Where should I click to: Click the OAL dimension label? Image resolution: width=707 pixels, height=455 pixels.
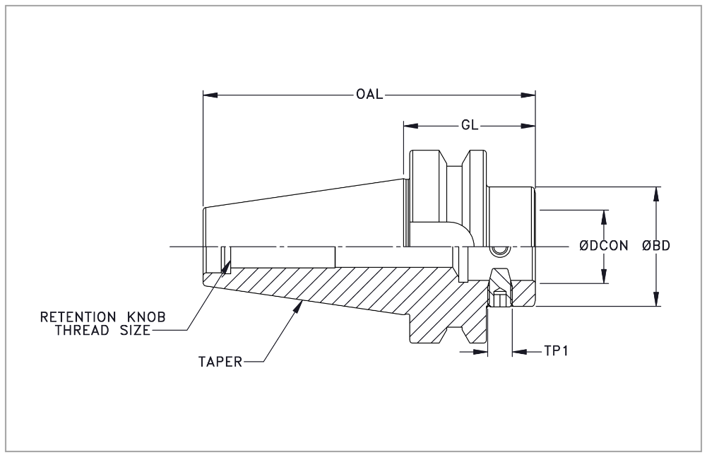pos(370,95)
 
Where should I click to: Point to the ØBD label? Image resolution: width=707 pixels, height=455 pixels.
pos(656,246)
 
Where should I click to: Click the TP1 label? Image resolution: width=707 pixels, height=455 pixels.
pos(557,350)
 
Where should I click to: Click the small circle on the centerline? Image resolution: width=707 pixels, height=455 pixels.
pos(500,251)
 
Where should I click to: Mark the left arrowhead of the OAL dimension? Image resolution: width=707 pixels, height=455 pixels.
pos(208,95)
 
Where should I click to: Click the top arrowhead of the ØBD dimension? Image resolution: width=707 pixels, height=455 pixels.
pos(657,191)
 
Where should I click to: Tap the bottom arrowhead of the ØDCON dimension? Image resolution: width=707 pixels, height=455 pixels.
pos(605,279)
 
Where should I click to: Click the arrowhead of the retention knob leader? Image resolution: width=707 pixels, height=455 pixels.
pos(228,267)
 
